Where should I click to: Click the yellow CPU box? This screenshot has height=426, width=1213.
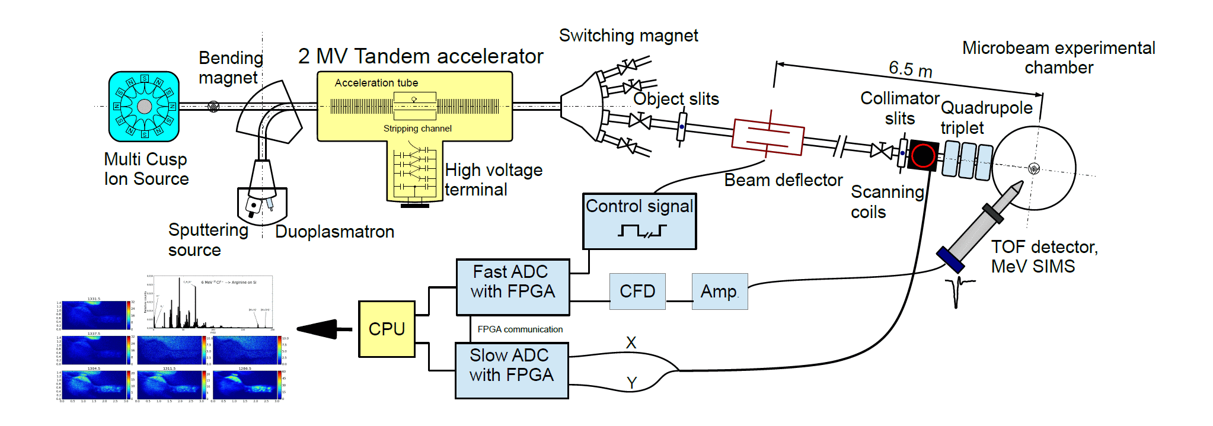tap(387, 329)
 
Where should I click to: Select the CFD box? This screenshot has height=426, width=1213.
tap(637, 292)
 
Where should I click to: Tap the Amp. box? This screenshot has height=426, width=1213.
tap(719, 292)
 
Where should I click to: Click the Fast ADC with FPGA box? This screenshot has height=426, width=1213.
tap(513, 287)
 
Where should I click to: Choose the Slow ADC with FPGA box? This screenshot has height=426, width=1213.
tap(512, 371)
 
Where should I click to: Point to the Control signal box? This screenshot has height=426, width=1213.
tap(639, 221)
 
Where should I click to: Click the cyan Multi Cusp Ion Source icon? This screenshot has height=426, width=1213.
tap(144, 107)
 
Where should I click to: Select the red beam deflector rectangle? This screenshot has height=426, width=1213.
tap(768, 137)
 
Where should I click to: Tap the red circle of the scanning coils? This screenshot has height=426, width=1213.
tap(923, 156)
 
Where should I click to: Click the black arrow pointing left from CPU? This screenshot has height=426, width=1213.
tap(317, 329)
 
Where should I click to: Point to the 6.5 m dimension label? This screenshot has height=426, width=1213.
tap(910, 69)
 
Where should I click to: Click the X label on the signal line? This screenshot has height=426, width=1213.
tap(631, 342)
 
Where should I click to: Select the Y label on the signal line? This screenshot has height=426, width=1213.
tap(631, 383)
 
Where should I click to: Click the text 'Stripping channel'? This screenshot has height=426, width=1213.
tap(417, 129)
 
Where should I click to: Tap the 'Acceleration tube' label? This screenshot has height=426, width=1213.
tap(376, 83)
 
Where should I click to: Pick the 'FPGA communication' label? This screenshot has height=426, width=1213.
tap(520, 329)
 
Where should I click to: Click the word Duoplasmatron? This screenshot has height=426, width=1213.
tap(334, 232)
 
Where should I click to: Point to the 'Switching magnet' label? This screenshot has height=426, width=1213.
tap(628, 36)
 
